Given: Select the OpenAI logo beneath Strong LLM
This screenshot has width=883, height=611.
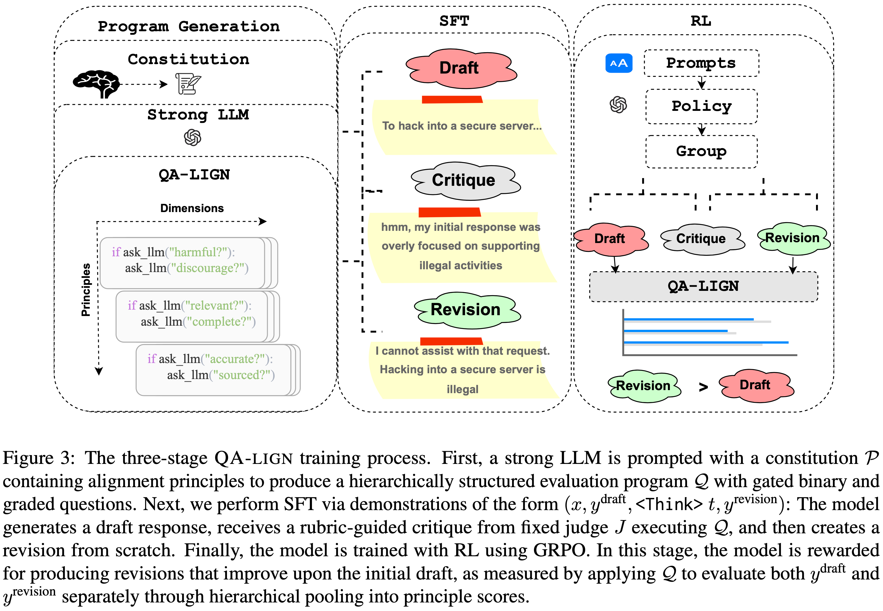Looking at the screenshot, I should point(192,137).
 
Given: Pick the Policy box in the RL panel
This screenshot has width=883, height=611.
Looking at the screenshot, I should point(701,106).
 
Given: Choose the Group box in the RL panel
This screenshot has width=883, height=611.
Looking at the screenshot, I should point(701,151).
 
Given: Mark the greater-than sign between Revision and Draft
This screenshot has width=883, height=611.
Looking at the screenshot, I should point(703,387).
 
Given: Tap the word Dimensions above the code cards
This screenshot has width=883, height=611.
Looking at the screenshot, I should point(192,208).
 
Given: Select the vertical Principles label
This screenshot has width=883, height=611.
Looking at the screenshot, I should point(86,290).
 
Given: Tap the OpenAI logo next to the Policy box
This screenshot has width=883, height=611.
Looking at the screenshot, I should point(618,105).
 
